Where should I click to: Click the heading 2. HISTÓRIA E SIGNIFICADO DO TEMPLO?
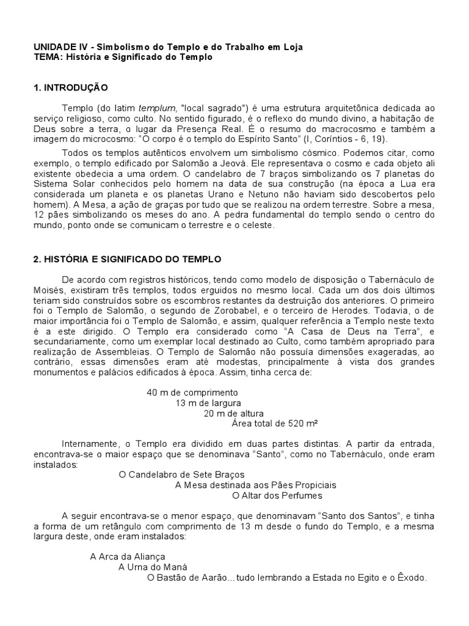tap(127, 259)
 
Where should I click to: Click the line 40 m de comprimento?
tap(192, 392)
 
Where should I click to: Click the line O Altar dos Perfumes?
tap(272, 495)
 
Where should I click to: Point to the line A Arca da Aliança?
tap(128, 556)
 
